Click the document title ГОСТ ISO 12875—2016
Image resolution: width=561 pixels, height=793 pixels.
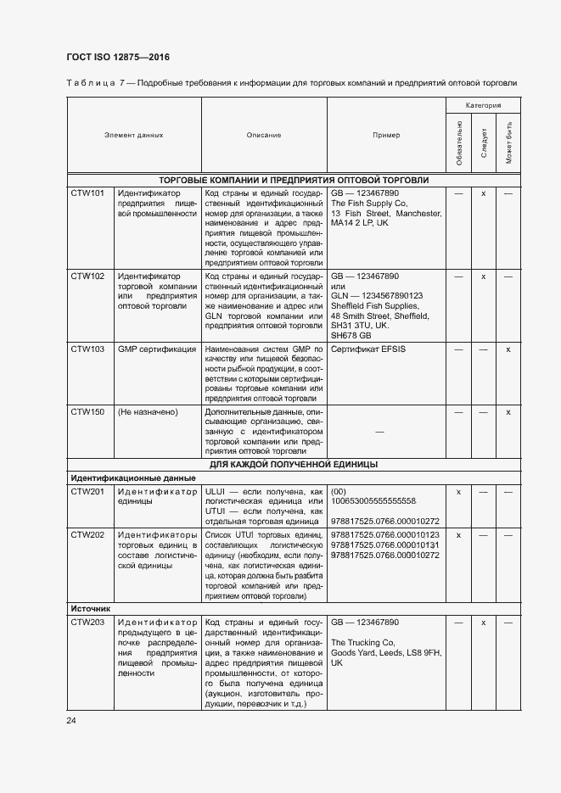coord(117,58)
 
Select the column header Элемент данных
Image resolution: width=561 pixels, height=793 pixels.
coord(133,135)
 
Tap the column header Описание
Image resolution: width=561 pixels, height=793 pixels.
coord(264,135)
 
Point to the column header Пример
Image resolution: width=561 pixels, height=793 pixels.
coord(386,135)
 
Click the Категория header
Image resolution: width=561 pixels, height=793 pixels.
coord(482,105)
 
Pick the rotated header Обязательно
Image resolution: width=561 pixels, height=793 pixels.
coord(459,143)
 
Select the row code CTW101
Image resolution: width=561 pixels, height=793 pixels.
coord(87,193)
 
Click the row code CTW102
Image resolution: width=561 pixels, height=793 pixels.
coord(87,276)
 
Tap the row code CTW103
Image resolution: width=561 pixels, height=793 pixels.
coord(87,349)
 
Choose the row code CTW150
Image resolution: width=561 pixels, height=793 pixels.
coord(87,411)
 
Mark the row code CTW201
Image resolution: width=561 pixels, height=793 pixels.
coord(87,491)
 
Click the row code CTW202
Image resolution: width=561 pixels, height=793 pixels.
coord(87,535)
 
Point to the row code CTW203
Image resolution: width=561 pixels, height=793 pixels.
coord(87,623)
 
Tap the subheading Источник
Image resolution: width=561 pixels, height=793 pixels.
coord(91,608)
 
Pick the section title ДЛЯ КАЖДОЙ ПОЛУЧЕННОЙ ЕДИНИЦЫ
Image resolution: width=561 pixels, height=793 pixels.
coord(294,464)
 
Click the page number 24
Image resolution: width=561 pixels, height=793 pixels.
coord(72,721)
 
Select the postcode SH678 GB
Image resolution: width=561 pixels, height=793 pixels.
coord(351,336)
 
